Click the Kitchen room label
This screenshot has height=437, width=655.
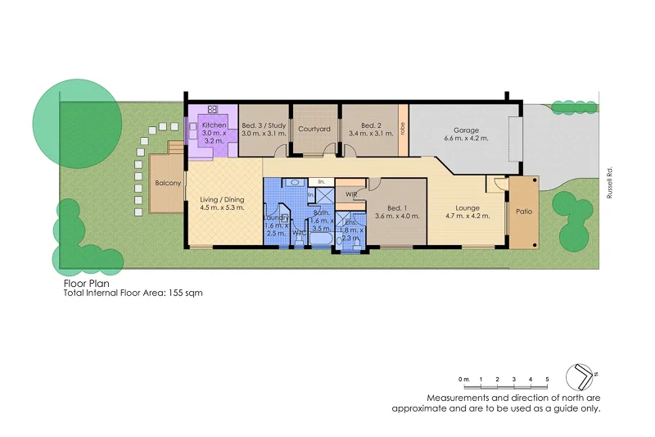pos(214,125)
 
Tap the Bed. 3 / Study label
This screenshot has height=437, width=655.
pos(264,125)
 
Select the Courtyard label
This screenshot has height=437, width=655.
pos(314,130)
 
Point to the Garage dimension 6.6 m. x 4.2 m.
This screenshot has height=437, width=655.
pos(467,139)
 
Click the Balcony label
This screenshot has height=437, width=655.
pos(168,183)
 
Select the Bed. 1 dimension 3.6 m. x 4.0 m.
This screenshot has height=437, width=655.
pos(397,216)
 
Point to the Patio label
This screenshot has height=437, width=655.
pos(524,212)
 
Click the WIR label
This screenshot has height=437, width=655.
pos(350,195)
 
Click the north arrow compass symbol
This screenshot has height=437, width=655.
pos(584,376)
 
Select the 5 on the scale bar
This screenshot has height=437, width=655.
pos(547,379)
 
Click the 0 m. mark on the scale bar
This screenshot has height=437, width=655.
pos(464,379)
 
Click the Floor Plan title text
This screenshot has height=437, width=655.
pos(86,283)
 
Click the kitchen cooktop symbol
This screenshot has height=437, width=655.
pos(213,109)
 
